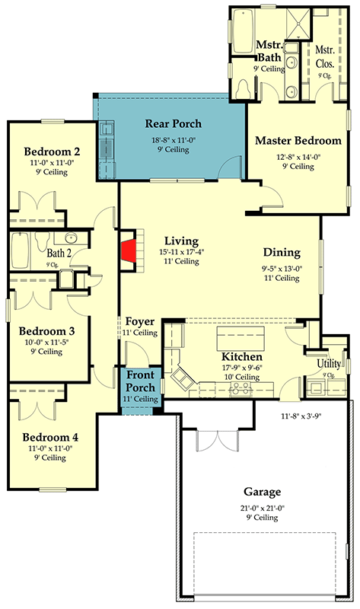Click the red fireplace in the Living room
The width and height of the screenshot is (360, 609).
pos(129,251)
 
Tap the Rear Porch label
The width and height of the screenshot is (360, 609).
pos(174,124)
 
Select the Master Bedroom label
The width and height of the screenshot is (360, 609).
pos(298,141)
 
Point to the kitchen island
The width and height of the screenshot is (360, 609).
pos(241,338)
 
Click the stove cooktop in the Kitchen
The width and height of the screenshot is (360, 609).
pos(241,389)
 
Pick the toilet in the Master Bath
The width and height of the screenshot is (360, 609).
pos(244,89)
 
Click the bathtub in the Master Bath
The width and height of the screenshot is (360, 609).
pos(244,31)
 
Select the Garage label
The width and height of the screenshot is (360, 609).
pos(262,492)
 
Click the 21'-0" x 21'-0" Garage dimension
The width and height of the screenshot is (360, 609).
pos(262,508)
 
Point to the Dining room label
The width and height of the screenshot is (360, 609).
pos(282,253)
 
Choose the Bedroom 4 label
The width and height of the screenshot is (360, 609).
pos(50,437)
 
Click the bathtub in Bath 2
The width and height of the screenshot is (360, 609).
pos(21,250)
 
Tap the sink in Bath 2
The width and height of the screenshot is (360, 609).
pos(72,238)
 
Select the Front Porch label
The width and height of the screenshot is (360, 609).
pos(140,381)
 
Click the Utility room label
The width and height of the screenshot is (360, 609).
pos(329,364)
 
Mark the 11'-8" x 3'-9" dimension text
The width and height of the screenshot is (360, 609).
pos(301,416)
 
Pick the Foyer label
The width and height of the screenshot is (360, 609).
pos(140,321)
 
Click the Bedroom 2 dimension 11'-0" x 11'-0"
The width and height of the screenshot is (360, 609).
pos(52,163)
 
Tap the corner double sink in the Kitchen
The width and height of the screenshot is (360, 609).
pos(183,378)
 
